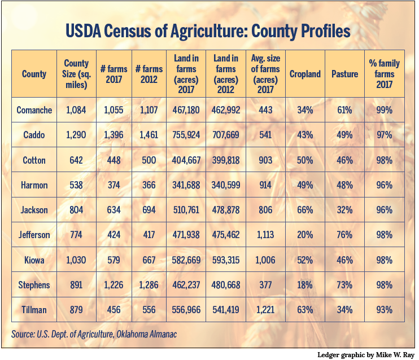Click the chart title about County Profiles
pyautogui.click(x=208, y=31)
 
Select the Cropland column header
pyautogui.click(x=305, y=74)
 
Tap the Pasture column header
pyautogui.click(x=344, y=74)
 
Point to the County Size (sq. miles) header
pyautogui.click(x=76, y=74)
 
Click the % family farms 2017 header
pyautogui.click(x=384, y=74)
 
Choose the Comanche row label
pyautogui.click(x=34, y=110)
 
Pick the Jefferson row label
pyautogui.click(x=34, y=235)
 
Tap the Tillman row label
pyautogui.click(x=34, y=310)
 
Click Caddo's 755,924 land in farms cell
pyautogui.click(x=186, y=135)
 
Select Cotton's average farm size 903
pyautogui.click(x=265, y=160)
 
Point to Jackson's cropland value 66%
pyautogui.click(x=305, y=210)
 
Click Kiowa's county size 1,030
pyautogui.click(x=76, y=260)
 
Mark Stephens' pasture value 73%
pyautogui.click(x=344, y=285)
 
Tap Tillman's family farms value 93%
pyautogui.click(x=384, y=310)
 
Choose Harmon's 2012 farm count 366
pyautogui.click(x=149, y=185)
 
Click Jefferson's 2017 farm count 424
pyautogui.click(x=114, y=235)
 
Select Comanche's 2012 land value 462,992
pyautogui.click(x=226, y=110)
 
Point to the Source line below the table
pyautogui.click(x=94, y=335)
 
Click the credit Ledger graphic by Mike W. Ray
pyautogui.click(x=365, y=355)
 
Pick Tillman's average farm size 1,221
pyautogui.click(x=265, y=310)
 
